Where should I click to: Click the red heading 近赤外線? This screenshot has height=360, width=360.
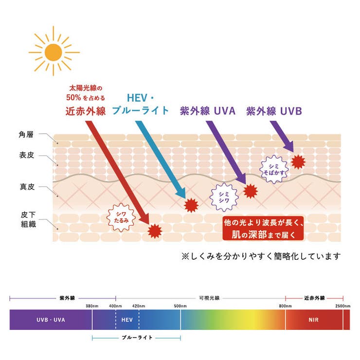(85, 111)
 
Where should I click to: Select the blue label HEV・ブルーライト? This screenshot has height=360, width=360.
(141, 104)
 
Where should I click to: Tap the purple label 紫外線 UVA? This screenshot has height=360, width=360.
(207, 111)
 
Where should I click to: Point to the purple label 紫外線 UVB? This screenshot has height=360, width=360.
(274, 111)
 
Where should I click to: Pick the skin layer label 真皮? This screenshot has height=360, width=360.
(25, 187)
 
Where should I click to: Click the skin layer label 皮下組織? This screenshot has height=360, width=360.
(25, 218)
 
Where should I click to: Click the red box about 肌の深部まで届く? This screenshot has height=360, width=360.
(263, 228)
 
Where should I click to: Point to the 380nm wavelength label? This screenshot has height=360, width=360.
(92, 306)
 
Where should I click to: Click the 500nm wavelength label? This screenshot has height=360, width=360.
(180, 306)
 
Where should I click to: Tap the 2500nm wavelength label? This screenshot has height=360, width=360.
(342, 306)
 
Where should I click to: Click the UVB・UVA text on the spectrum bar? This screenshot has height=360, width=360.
(51, 320)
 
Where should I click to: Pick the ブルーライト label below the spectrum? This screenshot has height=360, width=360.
(137, 337)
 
